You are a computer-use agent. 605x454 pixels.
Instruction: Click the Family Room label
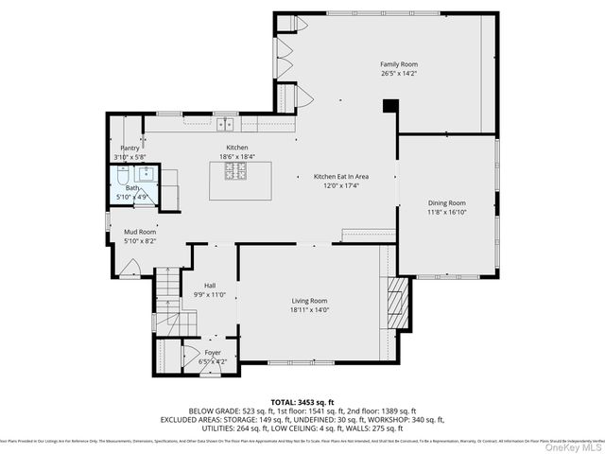pos(398,64)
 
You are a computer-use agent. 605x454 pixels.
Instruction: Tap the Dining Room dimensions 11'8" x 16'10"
pos(446,212)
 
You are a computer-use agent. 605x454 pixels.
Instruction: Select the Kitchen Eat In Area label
pos(340,177)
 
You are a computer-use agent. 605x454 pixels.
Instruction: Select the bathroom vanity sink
pos(147,173)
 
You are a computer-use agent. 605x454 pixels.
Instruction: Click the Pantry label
pos(130,148)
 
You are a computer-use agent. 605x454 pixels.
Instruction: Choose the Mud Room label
pos(140,232)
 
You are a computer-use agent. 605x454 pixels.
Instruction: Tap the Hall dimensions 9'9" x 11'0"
pos(212,294)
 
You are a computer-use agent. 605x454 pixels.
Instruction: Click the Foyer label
pos(212,352)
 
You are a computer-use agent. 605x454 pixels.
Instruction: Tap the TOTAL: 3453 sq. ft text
pos(302,401)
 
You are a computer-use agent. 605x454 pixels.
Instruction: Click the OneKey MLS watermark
pos(573,445)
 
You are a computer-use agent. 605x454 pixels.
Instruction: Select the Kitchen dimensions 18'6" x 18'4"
pos(236,157)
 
